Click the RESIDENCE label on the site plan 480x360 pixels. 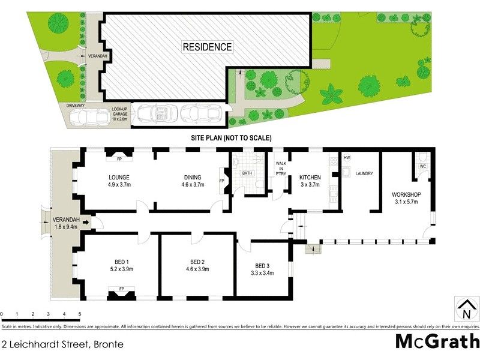point(207,47)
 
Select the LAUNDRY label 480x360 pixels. point(364,174)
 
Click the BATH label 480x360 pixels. point(247,174)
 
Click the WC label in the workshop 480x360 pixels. point(422,166)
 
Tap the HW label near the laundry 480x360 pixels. point(347,158)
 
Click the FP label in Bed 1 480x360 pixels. point(122,289)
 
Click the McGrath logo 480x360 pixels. point(437,341)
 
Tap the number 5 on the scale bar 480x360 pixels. point(80,314)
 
